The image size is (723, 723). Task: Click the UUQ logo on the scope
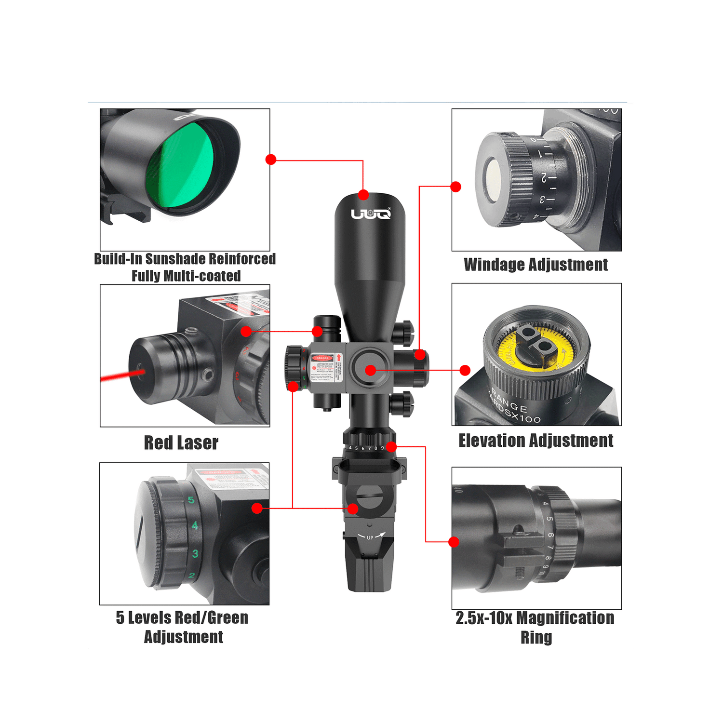point(370,214)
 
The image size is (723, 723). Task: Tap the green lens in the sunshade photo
point(179,166)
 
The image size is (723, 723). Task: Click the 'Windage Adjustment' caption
point(536,265)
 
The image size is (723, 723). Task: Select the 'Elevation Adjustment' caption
point(536,441)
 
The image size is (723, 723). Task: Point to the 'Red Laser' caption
point(181,443)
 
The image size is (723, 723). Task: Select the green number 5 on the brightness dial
point(191,500)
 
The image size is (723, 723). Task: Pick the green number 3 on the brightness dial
point(195,553)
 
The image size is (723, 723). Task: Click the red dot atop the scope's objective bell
point(363,195)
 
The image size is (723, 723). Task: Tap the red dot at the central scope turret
point(370,370)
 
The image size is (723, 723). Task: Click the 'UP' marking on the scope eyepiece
point(370,537)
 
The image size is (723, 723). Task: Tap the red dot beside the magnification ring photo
point(454,542)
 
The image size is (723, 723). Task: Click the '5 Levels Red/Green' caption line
point(182,618)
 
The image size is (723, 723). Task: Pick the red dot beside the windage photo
point(456,187)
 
